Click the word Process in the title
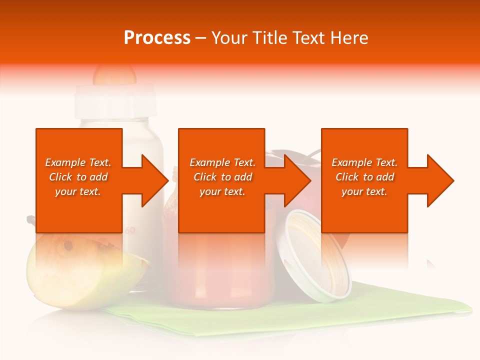(157, 38)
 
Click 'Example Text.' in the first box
(78, 162)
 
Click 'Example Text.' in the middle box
(222, 162)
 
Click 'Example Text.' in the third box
(364, 162)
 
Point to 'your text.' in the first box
(78, 191)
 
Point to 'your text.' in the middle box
(222, 191)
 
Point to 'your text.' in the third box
(364, 191)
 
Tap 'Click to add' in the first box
(78, 177)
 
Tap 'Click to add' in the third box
(364, 177)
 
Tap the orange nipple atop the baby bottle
(114, 74)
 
